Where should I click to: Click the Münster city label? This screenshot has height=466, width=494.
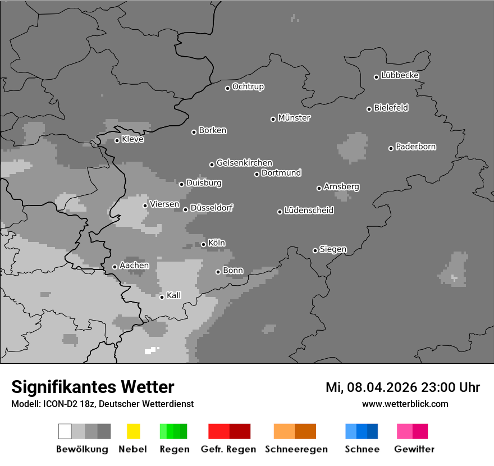point(294,118)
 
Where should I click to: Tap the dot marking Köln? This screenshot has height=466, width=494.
point(203,244)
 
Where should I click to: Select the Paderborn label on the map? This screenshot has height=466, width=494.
point(416,147)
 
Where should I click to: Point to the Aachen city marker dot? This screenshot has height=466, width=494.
point(115,267)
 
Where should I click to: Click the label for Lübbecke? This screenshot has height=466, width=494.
point(400,75)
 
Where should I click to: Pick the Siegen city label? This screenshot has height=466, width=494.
point(333,249)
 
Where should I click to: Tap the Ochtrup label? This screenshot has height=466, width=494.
point(248,86)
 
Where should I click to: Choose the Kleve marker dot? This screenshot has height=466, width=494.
point(117,140)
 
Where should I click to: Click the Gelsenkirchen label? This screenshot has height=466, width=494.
point(245,163)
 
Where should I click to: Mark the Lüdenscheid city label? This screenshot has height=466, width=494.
point(309,211)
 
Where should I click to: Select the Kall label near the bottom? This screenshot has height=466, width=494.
point(174,295)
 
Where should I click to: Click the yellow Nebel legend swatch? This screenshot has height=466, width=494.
point(133,431)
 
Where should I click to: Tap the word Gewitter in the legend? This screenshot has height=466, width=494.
point(414,449)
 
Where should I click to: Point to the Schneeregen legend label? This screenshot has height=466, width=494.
point(296,449)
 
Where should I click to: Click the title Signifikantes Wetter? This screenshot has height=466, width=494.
point(93,387)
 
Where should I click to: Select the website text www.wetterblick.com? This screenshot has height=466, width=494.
point(405,404)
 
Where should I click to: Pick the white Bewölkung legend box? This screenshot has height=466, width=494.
point(65,431)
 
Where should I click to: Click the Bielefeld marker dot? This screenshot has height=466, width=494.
point(369,109)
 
